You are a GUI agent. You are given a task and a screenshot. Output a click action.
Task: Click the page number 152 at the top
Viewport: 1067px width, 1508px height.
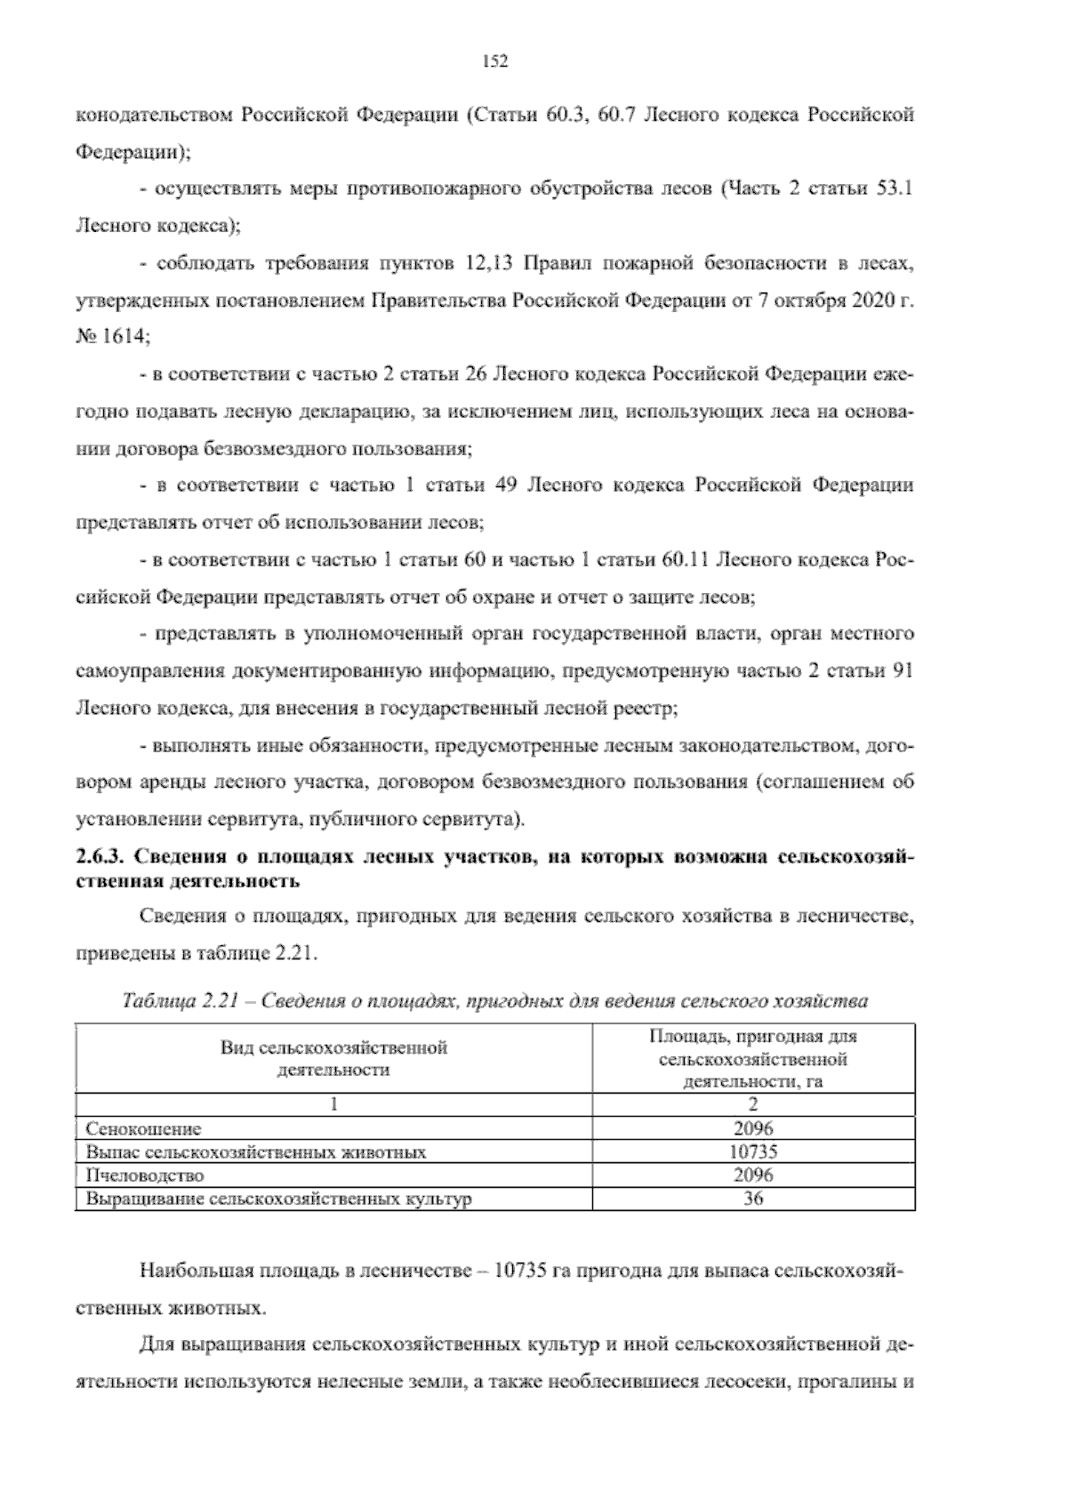click(x=494, y=61)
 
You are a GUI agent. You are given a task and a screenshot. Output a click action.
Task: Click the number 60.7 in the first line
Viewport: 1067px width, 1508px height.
click(x=614, y=116)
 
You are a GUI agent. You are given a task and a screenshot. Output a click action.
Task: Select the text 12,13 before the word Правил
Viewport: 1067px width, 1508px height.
click(x=488, y=264)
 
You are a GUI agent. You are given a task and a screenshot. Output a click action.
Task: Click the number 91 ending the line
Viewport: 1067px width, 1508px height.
click(x=902, y=671)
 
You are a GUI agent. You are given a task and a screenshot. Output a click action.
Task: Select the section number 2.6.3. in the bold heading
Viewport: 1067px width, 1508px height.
click(x=100, y=858)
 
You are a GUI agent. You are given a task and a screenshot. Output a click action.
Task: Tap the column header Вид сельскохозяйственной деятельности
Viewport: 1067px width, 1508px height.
click(x=333, y=1058)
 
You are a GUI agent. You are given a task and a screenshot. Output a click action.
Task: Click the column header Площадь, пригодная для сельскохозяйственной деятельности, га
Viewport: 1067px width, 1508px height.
click(x=753, y=1059)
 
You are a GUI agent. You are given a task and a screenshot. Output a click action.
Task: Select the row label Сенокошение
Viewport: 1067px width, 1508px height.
click(x=143, y=1129)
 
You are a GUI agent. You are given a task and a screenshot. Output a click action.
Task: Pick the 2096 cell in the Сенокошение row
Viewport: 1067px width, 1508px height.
click(x=753, y=1129)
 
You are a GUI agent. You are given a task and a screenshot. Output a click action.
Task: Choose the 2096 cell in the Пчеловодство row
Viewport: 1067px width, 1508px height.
click(x=753, y=1175)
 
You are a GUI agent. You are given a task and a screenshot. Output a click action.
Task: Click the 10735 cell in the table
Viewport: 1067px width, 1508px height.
click(x=753, y=1152)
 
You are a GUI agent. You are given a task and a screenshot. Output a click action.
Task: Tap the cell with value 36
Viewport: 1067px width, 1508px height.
click(x=753, y=1199)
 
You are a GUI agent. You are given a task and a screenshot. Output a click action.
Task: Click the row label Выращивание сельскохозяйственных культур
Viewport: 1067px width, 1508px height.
click(x=278, y=1199)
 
